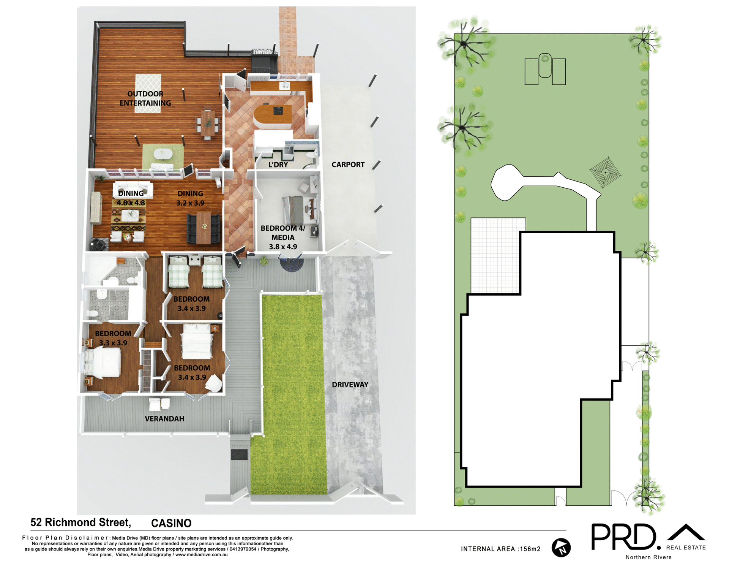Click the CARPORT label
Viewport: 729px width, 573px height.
tap(348, 165)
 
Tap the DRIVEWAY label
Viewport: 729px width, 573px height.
tap(350, 385)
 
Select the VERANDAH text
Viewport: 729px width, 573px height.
tap(164, 419)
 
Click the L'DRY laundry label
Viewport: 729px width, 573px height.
tap(278, 165)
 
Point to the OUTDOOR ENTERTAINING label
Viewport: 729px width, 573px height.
tap(145, 98)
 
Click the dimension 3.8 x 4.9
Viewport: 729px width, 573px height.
tap(283, 247)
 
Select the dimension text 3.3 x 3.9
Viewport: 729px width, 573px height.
tap(113, 343)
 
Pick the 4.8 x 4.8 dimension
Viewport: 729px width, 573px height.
tap(131, 203)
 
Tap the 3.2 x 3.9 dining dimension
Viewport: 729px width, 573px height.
tap(190, 203)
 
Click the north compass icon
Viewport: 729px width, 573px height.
tap(561, 548)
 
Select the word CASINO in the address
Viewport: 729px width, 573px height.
tap(171, 523)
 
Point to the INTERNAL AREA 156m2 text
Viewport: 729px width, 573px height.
tap(500, 549)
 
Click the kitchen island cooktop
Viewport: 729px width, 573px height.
tap(278, 111)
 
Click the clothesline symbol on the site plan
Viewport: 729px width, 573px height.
tap(605, 172)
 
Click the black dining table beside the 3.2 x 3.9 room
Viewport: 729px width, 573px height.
tap(204, 228)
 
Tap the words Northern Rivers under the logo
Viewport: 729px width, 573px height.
tap(649, 557)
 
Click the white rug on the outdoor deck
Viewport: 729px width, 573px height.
tap(148, 93)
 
